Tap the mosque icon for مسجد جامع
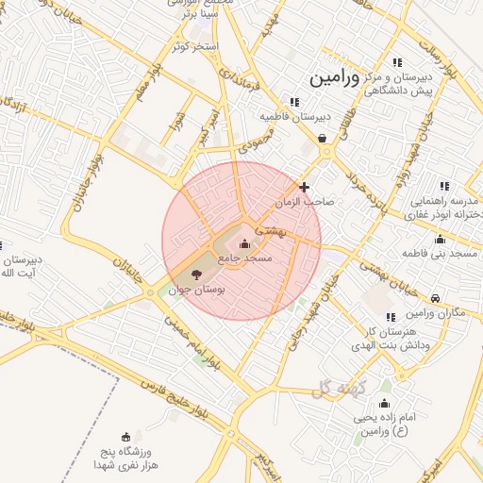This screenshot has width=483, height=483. [245, 244]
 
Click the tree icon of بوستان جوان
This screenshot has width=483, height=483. [196, 275]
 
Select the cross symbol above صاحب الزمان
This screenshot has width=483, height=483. [304, 188]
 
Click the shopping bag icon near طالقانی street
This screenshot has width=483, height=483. [324, 138]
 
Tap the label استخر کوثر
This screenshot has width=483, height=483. [194, 45]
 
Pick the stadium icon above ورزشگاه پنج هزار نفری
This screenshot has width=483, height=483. [126, 436]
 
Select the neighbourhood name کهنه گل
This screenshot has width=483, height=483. [336, 386]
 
